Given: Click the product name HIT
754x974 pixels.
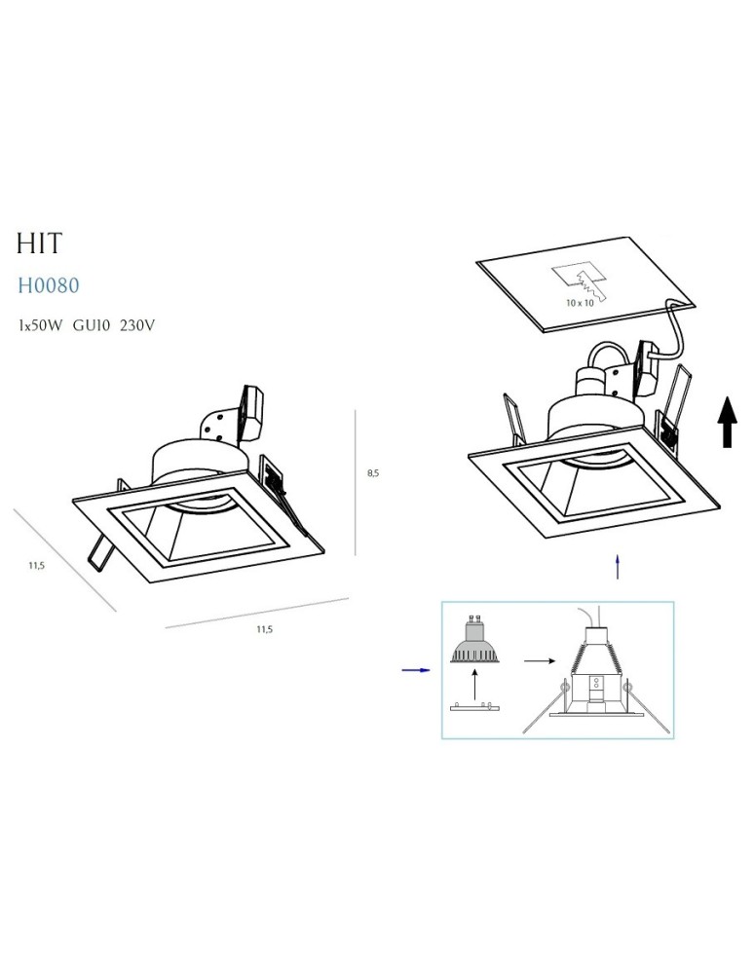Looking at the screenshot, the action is [39, 243].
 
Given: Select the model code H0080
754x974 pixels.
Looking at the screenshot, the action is [49, 285].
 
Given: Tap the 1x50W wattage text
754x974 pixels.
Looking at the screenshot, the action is [40, 325].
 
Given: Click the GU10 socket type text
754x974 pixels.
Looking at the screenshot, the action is [92, 325].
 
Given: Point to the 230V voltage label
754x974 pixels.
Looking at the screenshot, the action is [136, 325].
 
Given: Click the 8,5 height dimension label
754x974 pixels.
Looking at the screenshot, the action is [373, 473].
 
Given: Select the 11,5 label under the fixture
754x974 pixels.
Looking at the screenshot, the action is [265, 629].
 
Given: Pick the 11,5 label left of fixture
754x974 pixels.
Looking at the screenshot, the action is [36, 566].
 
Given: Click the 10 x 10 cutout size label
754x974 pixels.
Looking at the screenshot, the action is [580, 303].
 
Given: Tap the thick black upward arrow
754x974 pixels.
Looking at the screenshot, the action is [727, 422].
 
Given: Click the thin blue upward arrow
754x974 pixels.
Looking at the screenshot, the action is [618, 567].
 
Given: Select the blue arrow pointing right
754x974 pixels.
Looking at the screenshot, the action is [416, 670].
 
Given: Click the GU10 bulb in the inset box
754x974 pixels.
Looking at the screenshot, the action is [475, 640].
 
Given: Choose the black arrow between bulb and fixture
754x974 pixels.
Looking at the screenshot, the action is [540, 661].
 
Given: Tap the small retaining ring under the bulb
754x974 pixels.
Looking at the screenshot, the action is [475, 707].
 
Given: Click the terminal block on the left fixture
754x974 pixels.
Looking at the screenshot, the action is [252, 412].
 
